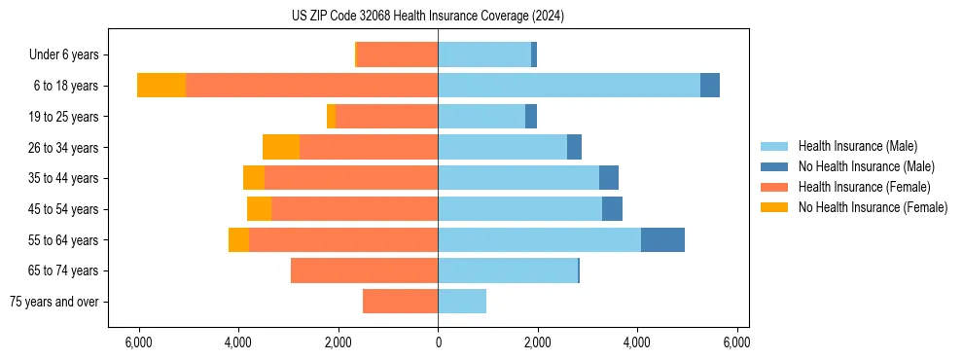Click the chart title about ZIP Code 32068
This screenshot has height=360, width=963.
coord(428,17)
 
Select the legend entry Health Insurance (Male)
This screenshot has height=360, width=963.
coord(857,146)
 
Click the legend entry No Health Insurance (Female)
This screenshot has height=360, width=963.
coord(873,207)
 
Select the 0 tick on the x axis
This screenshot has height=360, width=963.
coord(438,342)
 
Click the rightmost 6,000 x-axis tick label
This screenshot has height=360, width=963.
coord(736,342)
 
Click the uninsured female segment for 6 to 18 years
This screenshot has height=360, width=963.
coord(161,86)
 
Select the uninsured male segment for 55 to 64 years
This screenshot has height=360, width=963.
coord(662,239)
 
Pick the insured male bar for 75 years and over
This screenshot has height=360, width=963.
coord(462,302)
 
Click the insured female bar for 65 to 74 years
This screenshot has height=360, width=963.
coord(364,270)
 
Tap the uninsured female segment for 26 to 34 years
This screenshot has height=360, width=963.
coord(281,147)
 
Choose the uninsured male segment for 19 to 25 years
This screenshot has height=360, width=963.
coord(531,117)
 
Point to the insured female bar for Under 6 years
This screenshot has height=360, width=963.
coord(398,54)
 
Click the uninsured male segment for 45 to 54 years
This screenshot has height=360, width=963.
coord(612,209)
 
